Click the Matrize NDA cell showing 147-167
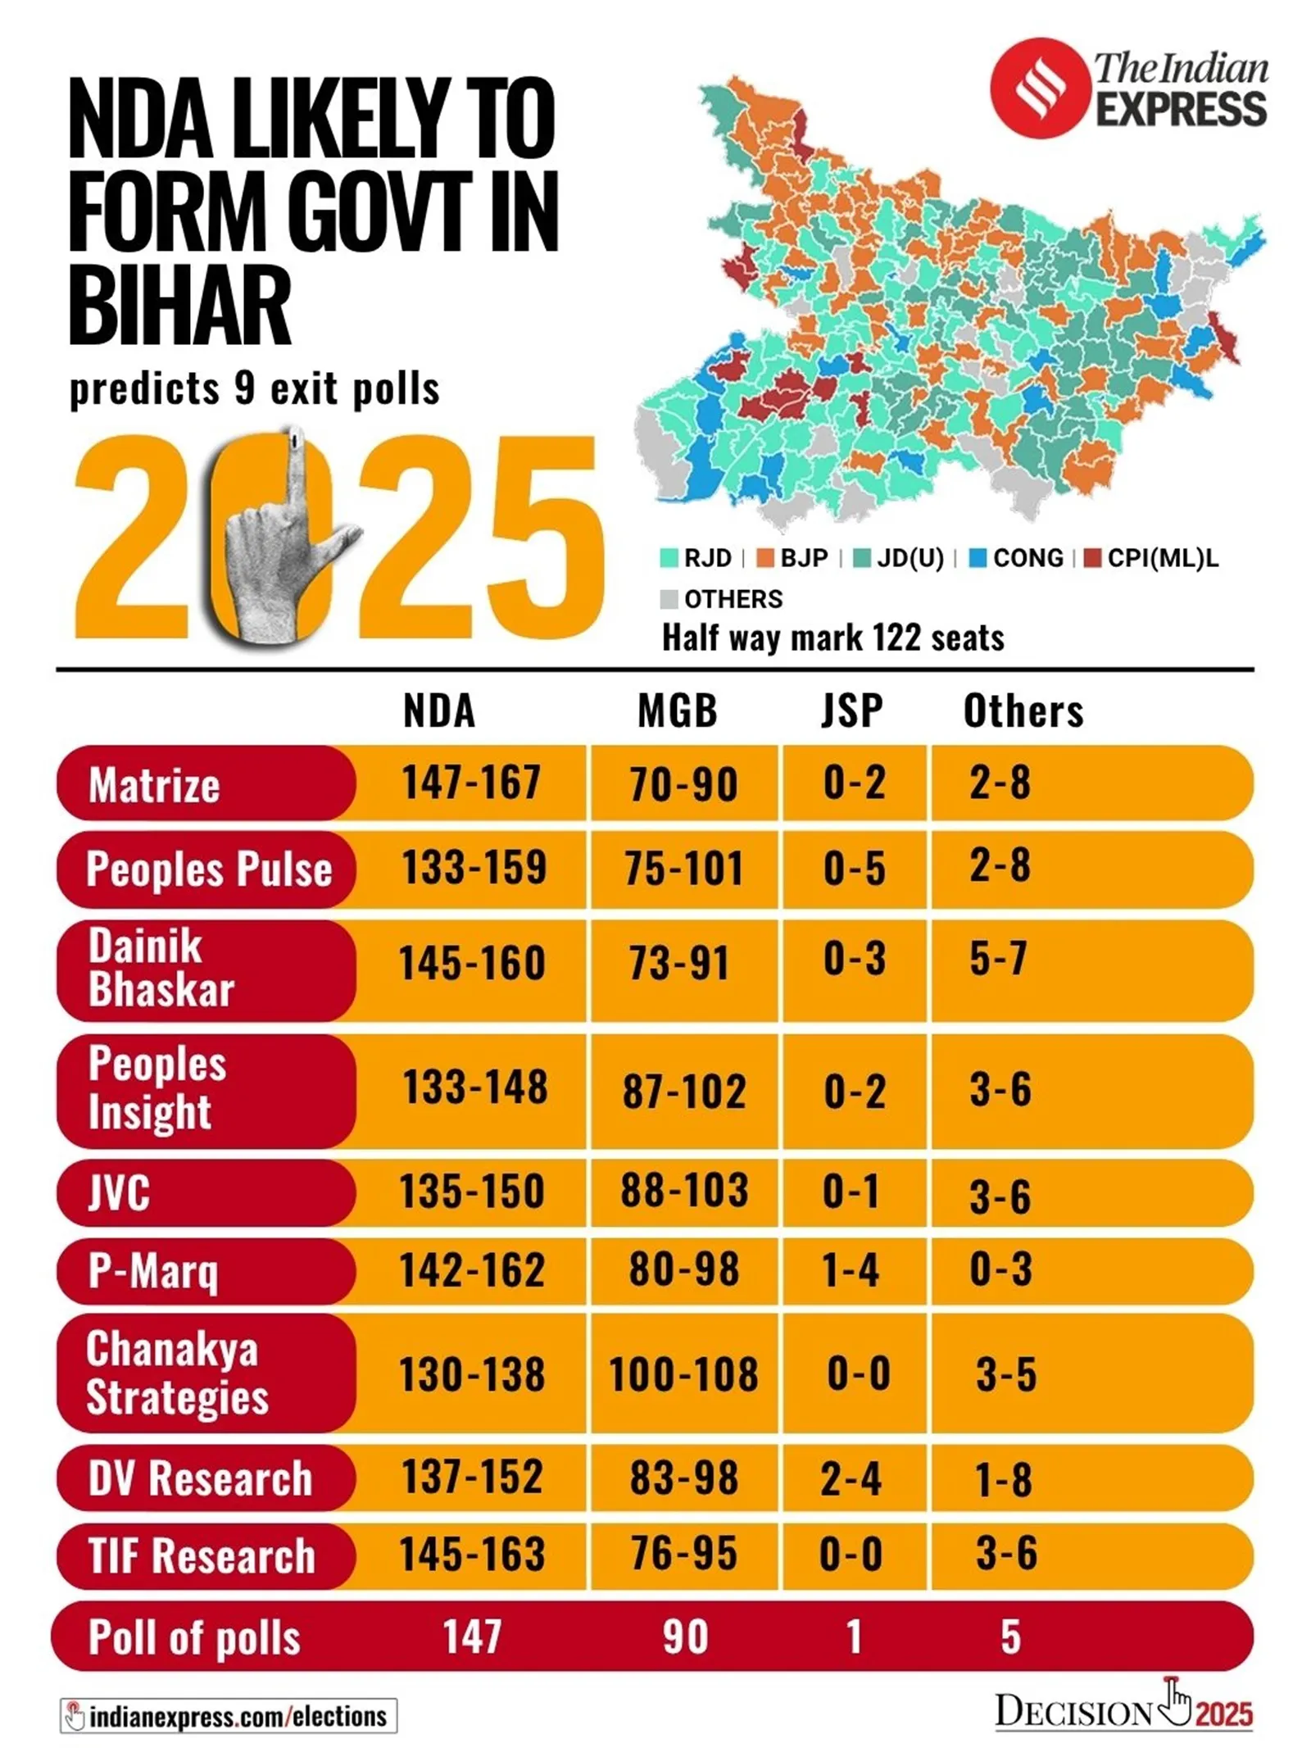[x=471, y=783]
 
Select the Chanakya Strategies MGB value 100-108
[x=683, y=1374]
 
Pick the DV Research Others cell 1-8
[x=1003, y=1478]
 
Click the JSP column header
[x=852, y=710]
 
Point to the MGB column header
[x=678, y=710]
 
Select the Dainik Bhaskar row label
[x=161, y=968]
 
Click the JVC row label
[x=120, y=1192]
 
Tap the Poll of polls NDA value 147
[x=472, y=1636]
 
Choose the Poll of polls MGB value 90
[x=685, y=1636]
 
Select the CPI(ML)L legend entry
[x=1151, y=558]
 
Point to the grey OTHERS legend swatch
[x=669, y=599]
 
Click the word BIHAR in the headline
[x=180, y=305]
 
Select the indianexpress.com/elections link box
[x=229, y=1715]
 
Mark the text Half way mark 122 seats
[x=832, y=638]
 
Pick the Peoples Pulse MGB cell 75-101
[x=683, y=869]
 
